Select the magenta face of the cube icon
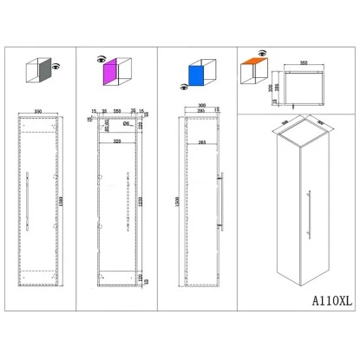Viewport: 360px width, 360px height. [x=111, y=75]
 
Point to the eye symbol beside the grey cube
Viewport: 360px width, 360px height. [x=57, y=67]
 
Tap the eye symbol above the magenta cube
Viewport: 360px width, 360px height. [x=101, y=57]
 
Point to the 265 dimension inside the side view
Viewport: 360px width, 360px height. [x=201, y=141]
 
